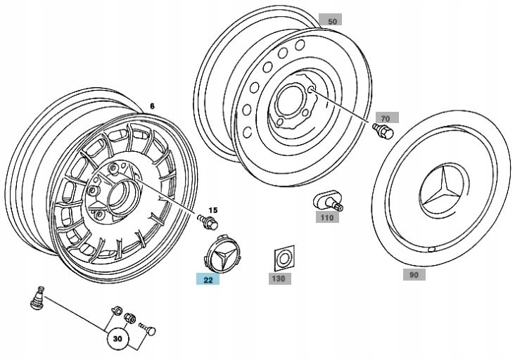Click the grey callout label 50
[x=330, y=20]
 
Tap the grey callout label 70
[x=387, y=117]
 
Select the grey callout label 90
[x=414, y=274]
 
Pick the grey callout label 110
[x=327, y=217]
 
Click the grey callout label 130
[x=280, y=278]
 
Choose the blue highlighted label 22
[x=208, y=280]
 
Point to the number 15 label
[x=213, y=210]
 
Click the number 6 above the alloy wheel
[x=152, y=106]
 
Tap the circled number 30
[x=117, y=339]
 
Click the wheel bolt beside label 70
[x=383, y=131]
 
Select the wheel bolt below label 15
[x=208, y=222]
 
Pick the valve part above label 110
[x=327, y=201]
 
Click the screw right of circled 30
[x=147, y=329]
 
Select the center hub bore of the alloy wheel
[x=119, y=196]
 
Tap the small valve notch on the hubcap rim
[x=431, y=250]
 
